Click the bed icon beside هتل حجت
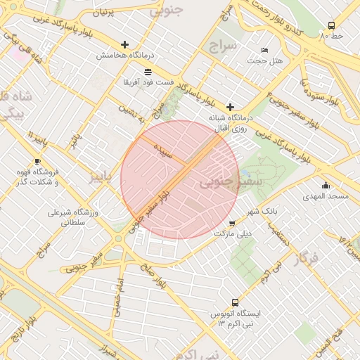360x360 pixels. pyautogui.click(x=264, y=50)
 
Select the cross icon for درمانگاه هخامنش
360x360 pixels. pyautogui.click(x=125, y=44)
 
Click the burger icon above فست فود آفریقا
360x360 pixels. pyautogui.click(x=147, y=72)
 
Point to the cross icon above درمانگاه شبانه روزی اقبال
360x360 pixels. pyautogui.click(x=230, y=106)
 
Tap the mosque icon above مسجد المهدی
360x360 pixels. pyautogui.click(x=325, y=186)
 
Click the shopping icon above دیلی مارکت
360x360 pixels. pyautogui.click(x=232, y=223)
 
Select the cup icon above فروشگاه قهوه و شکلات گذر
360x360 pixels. pyautogui.click(x=37, y=161)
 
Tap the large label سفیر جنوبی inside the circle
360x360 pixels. pyautogui.click(x=220, y=182)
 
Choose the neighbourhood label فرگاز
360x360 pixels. pyautogui.click(x=308, y=258)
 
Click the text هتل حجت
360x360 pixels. pyautogui.click(x=267, y=61)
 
